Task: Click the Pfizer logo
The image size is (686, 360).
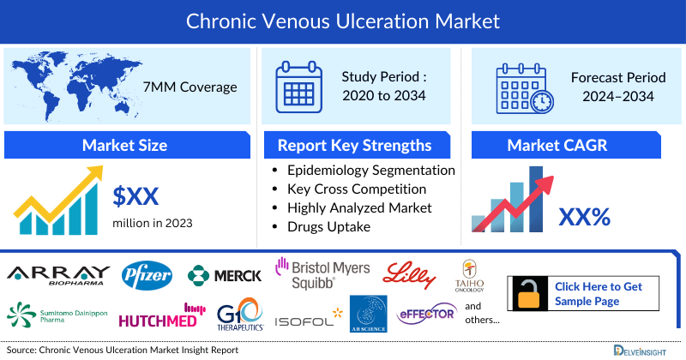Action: point(147,275)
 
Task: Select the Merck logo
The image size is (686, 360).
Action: point(225,276)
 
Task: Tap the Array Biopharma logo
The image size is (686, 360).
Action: point(57,275)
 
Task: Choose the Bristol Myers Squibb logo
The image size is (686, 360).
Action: point(322,272)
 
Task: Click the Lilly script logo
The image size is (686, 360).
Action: point(413,273)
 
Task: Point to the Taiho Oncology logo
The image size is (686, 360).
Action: point(470,275)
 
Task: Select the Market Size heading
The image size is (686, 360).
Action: point(124,145)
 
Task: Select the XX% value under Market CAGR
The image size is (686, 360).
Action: point(584,217)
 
